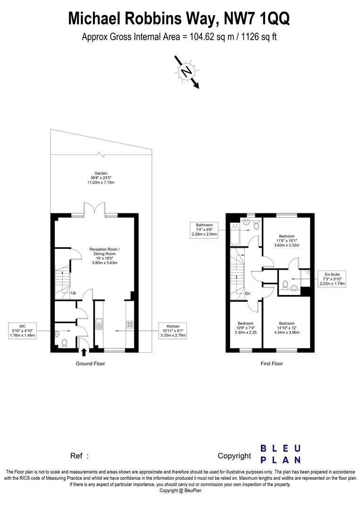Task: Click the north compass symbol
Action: click(187, 71)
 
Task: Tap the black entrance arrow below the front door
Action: click(84, 351)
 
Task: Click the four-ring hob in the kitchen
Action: click(129, 324)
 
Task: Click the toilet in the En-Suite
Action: click(285, 284)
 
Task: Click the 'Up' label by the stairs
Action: click(74, 293)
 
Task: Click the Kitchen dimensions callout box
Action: click(172, 331)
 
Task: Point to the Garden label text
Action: click(101, 178)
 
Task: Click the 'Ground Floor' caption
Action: click(90, 364)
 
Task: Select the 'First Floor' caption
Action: click(271, 364)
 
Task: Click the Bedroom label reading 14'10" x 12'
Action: click(286, 329)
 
